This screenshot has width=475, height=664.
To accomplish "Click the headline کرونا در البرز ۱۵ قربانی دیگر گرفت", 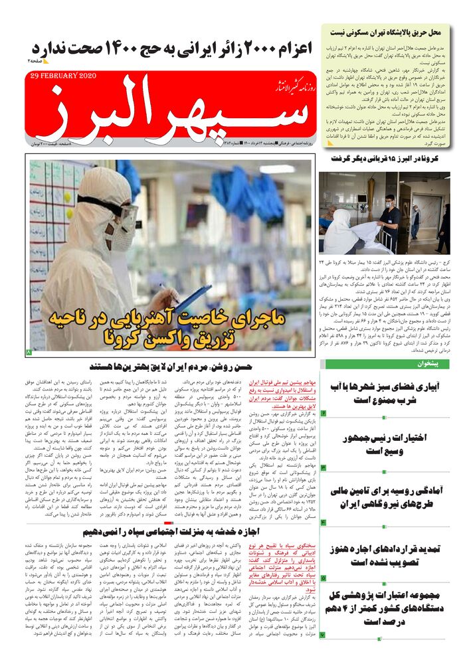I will (385, 159).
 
